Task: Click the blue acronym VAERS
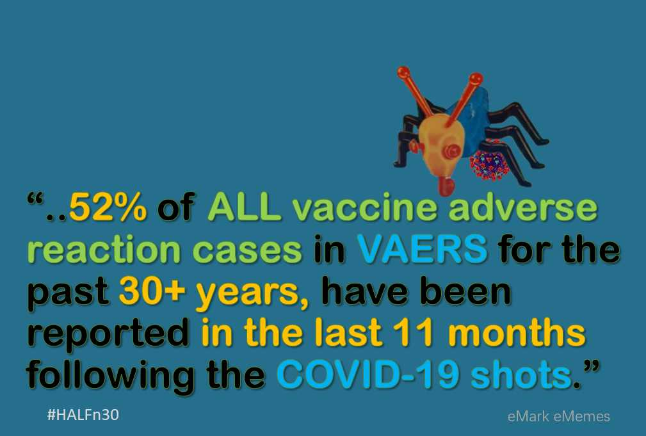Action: (422, 249)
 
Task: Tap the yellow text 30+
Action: (152, 291)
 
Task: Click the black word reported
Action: (108, 335)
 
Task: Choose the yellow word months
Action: (517, 332)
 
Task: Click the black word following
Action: (110, 376)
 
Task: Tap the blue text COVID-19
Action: (368, 375)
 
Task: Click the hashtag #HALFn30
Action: (83, 415)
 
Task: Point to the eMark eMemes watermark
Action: (559, 416)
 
